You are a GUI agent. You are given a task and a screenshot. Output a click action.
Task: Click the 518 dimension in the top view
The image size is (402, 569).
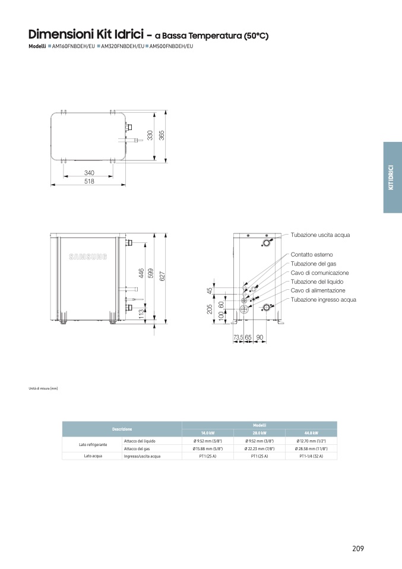[x=90, y=182]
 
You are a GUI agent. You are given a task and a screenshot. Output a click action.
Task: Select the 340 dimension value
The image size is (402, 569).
[x=90, y=173]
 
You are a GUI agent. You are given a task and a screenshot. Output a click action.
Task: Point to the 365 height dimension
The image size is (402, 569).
[x=162, y=135]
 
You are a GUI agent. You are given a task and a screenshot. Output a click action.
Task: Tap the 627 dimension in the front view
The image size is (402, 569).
[x=162, y=276]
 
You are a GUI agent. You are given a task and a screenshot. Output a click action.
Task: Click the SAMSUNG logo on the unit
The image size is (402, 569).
[x=88, y=257]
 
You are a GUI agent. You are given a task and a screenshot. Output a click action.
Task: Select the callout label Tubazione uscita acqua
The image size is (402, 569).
[x=320, y=235]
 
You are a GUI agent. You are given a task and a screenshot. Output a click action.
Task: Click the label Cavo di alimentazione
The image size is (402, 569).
[x=318, y=290]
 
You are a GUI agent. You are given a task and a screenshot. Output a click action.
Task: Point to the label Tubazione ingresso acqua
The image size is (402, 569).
[x=323, y=300]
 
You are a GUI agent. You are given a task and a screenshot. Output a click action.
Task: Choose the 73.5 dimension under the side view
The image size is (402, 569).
[x=238, y=337]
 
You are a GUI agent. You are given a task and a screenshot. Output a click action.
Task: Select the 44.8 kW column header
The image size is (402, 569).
[x=311, y=432]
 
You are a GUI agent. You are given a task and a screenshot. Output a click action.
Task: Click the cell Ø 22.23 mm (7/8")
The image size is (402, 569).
[x=259, y=448]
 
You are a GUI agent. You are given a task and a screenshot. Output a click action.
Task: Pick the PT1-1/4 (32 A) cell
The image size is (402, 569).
[x=311, y=456]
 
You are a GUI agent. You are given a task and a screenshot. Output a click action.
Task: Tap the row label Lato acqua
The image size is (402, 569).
[x=93, y=456]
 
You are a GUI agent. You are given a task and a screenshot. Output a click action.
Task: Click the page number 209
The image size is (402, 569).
[x=357, y=548]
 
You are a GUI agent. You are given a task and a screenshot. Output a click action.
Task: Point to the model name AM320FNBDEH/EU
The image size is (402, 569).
[x=122, y=46]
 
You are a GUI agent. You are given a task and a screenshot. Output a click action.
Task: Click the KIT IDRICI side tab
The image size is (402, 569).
[x=391, y=178]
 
